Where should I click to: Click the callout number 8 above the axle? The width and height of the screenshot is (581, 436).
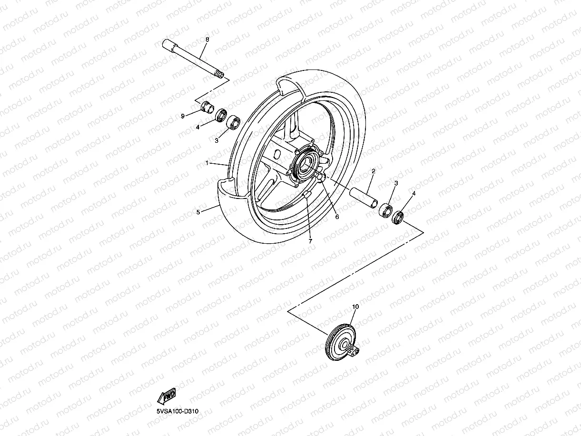(x=207, y=40)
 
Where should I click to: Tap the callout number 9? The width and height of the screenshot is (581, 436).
(x=182, y=115)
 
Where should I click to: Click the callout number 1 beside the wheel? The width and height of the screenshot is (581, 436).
(x=207, y=163)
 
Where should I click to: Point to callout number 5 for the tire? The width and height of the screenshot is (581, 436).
(x=198, y=212)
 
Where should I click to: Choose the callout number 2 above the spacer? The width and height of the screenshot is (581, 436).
(x=374, y=171)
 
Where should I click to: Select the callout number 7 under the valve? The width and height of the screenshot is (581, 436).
(x=310, y=241)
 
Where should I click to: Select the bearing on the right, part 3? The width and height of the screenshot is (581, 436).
(x=385, y=210)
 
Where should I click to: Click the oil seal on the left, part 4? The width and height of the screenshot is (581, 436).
(x=221, y=115)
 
